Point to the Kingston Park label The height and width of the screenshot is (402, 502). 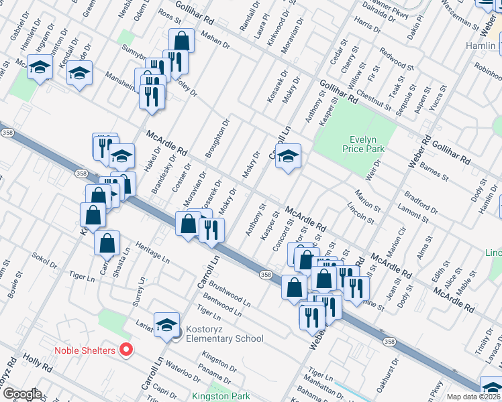coord(220,397)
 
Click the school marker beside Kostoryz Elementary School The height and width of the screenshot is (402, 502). coord(166,325)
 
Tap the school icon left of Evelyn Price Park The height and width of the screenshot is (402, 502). coord(288,157)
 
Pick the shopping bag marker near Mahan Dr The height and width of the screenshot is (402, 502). coord(181,40)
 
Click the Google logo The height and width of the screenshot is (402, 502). coord(21,394)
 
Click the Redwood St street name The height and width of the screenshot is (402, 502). coord(397,60)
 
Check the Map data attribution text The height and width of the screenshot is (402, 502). coord(473,397)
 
